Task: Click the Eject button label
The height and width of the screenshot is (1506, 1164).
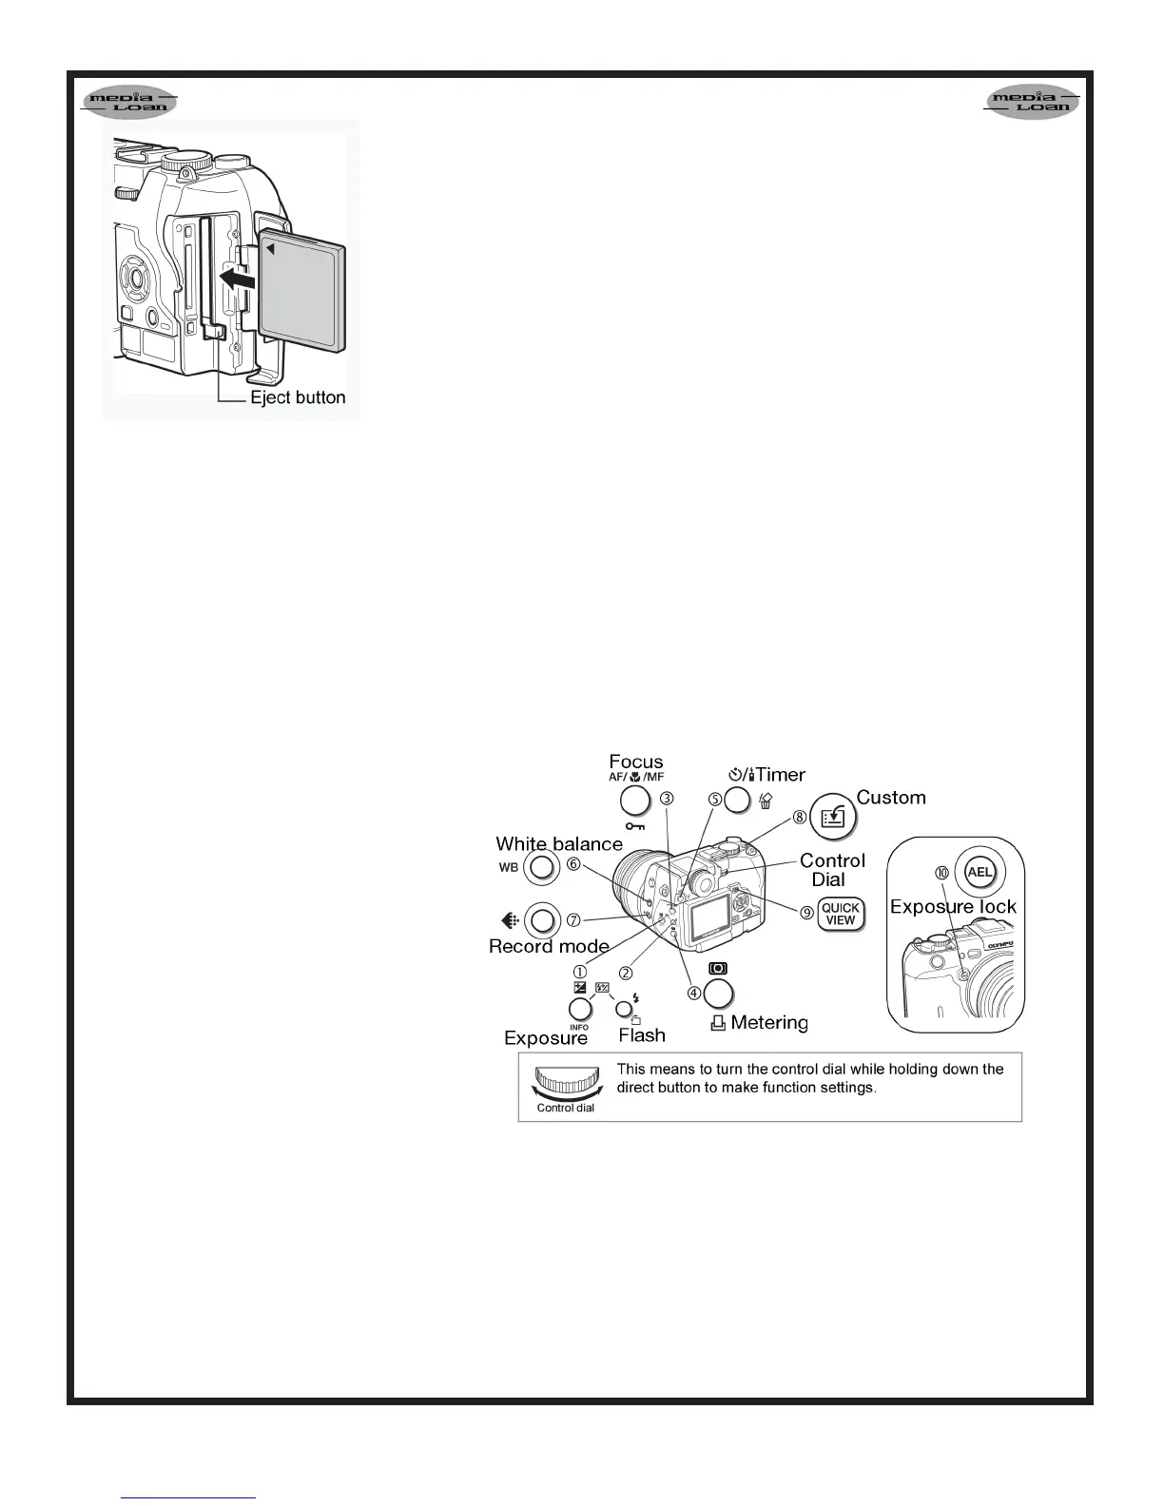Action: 298,397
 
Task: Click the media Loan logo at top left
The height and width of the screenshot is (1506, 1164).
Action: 129,102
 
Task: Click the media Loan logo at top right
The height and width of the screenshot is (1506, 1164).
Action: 1032,102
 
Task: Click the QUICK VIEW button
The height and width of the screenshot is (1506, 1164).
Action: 841,914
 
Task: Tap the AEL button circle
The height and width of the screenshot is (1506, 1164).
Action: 980,872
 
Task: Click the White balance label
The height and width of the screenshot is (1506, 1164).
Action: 559,844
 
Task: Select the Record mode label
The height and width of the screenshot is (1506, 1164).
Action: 549,946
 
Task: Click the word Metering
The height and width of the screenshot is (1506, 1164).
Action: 769,1023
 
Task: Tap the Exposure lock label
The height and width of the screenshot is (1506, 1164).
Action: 953,907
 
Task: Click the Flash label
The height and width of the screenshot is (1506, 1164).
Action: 642,1035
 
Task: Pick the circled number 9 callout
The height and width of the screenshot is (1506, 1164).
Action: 806,913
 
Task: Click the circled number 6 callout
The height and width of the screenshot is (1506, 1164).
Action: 573,864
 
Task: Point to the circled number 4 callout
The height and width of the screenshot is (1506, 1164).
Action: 695,993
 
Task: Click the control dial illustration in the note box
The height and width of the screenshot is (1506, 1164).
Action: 566,1083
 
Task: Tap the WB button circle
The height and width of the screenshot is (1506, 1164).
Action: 541,867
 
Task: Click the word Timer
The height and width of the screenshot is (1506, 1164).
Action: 781,775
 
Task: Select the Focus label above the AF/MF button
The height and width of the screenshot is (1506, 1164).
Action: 636,762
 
